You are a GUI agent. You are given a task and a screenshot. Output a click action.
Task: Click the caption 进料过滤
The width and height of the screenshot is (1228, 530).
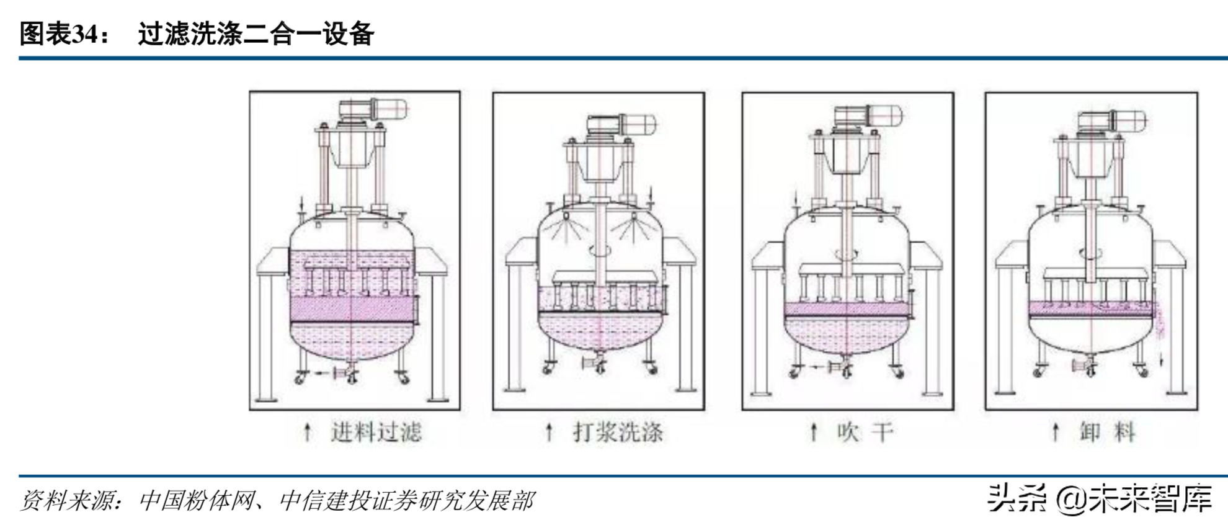tap(376, 432)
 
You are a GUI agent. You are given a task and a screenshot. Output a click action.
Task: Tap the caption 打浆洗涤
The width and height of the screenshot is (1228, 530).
tap(618, 432)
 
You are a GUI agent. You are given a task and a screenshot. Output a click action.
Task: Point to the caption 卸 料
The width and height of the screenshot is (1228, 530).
tap(1107, 432)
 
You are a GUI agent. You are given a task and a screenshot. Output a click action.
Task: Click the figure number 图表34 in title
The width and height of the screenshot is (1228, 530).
tap(60, 34)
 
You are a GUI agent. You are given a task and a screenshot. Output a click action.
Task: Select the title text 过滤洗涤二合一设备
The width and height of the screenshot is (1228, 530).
tap(256, 34)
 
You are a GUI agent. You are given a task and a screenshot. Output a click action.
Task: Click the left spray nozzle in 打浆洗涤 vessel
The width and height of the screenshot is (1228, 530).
tap(566, 217)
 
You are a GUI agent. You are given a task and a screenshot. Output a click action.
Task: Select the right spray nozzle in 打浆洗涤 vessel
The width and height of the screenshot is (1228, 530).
tap(634, 217)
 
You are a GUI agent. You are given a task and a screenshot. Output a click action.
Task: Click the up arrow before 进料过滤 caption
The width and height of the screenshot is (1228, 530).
tap(307, 432)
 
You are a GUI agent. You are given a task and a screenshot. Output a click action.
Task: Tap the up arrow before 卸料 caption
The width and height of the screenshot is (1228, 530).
tap(1055, 432)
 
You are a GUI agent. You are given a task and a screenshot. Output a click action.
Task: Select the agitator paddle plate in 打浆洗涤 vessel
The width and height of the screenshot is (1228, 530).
tap(599, 276)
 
